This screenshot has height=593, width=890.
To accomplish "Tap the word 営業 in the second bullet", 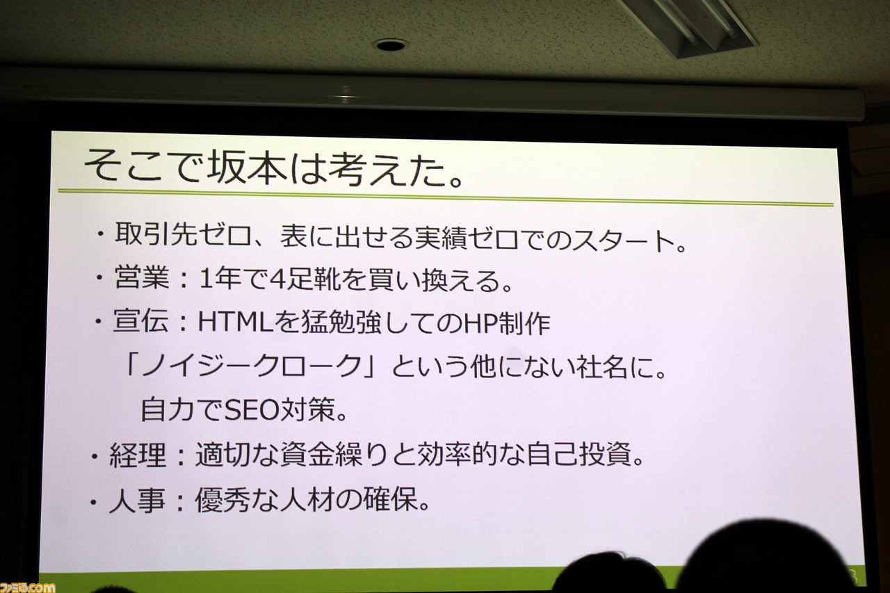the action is coord(142,277).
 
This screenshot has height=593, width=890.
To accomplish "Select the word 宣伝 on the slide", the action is coord(141,321).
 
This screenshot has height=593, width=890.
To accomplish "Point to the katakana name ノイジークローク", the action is coord(252,366).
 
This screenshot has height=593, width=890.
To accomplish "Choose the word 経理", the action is coord(138,455).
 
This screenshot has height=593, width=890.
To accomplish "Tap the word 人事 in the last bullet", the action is coord(137,501).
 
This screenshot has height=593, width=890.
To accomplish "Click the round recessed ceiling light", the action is coord(390,45).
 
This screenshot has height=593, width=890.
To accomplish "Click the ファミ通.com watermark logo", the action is coord(27,587).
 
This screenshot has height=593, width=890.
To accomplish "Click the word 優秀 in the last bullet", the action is coord(222,500).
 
